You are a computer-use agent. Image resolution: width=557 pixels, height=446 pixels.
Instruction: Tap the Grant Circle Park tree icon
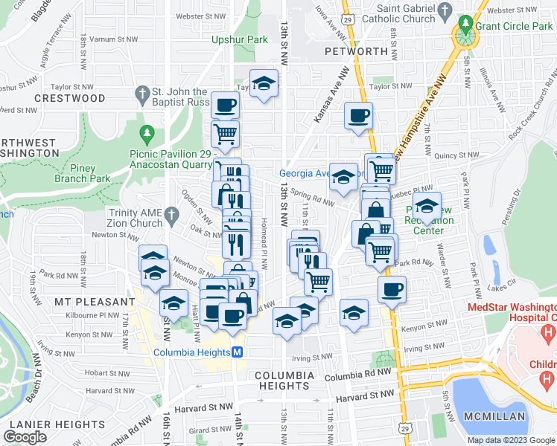click(x=465, y=27)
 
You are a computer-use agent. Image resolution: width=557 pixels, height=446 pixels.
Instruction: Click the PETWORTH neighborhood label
click(x=357, y=51)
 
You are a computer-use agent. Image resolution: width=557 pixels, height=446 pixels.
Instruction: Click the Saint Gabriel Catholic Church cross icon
click(x=446, y=10)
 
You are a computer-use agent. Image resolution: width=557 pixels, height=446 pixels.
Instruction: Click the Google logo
click(x=25, y=436)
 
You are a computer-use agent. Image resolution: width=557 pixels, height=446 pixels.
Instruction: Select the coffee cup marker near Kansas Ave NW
click(x=358, y=116)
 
